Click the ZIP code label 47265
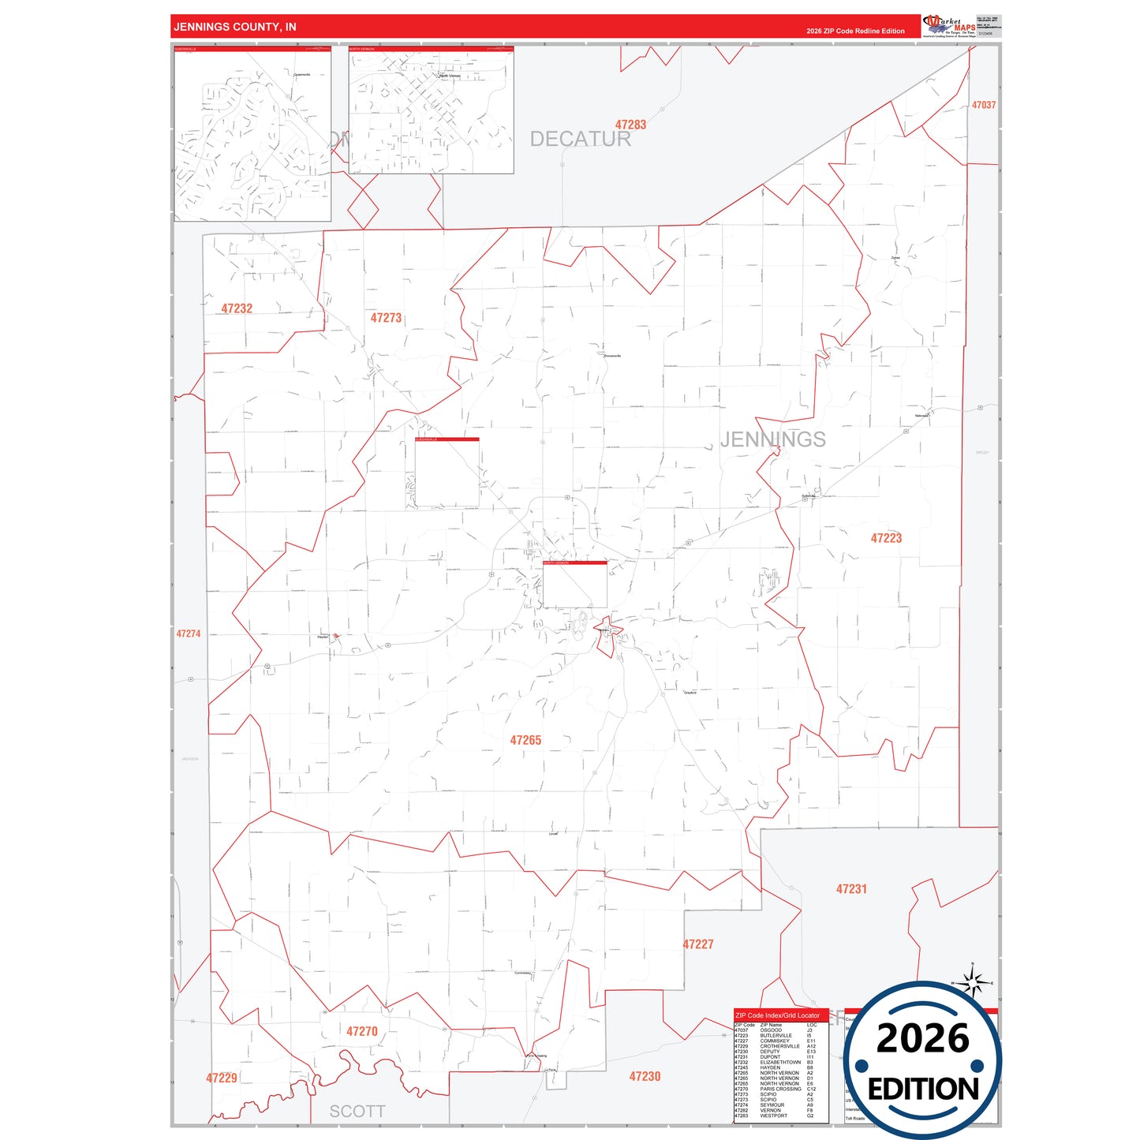pos(525,740)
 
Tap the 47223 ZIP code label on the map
pos(886,538)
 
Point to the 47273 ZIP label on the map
pos(386,318)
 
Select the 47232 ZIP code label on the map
pos(237,308)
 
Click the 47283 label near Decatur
pos(630,125)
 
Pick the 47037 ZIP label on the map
pos(983,105)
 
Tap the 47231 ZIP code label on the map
pos(851,889)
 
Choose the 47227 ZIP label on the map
pos(698,944)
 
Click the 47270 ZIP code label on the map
pos(362,1031)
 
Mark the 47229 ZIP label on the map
pos(222,1078)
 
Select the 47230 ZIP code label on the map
pos(645,1076)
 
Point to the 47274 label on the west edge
pos(189,634)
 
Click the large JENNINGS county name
pos(772,439)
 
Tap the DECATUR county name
pos(580,139)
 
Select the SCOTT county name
pos(357,1112)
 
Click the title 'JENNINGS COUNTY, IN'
pos(235,27)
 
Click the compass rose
pos(973,983)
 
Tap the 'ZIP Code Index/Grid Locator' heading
pos(777,1015)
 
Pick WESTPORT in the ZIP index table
pos(773,1116)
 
